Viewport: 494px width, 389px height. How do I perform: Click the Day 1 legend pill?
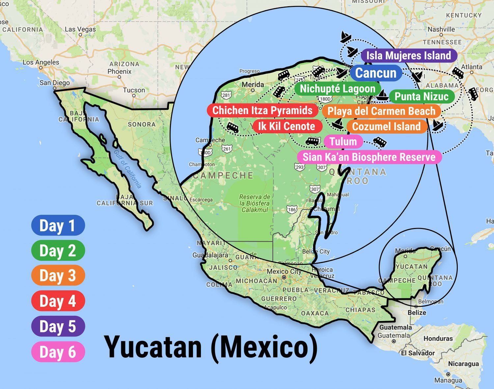click(x=58, y=225)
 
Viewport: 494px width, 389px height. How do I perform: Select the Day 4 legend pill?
click(x=58, y=301)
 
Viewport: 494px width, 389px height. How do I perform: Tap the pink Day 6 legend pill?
click(x=58, y=352)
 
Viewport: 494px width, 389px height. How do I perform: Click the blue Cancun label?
click(x=376, y=73)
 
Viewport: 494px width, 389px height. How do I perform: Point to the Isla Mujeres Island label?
click(x=409, y=55)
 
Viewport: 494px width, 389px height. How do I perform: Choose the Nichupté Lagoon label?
click(x=338, y=89)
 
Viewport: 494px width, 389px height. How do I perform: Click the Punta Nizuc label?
click(x=422, y=96)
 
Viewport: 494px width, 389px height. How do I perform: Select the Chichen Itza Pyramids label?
click(x=262, y=111)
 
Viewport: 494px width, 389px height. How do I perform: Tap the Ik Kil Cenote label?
click(x=287, y=126)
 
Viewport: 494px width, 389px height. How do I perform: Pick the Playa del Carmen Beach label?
click(x=381, y=111)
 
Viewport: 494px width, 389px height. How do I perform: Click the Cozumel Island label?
click(x=386, y=126)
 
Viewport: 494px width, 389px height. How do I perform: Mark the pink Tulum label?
click(x=343, y=142)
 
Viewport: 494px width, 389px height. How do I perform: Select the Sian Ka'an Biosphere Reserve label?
click(x=369, y=157)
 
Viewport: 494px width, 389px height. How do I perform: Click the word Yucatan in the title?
click(x=153, y=347)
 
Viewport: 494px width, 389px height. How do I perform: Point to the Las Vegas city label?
click(x=80, y=29)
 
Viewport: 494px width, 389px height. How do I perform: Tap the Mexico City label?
click(x=284, y=272)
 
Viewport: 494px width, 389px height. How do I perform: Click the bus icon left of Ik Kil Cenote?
click(x=233, y=127)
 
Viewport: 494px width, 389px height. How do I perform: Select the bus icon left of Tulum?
click(x=312, y=142)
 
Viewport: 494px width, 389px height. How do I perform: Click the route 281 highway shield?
click(x=226, y=95)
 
